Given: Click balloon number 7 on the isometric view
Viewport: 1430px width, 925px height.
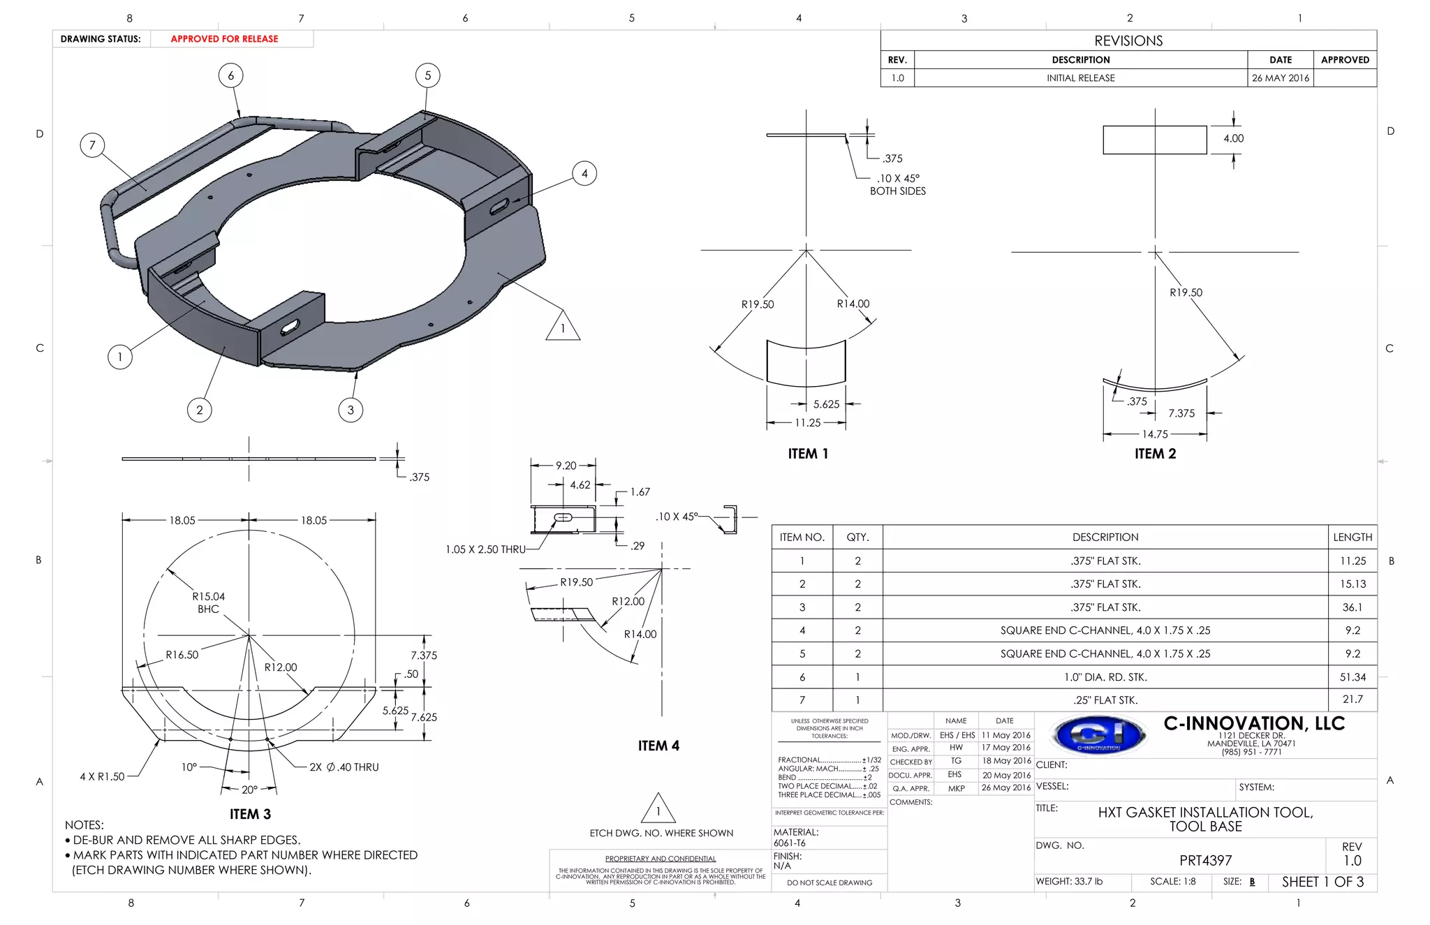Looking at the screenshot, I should (x=92, y=145).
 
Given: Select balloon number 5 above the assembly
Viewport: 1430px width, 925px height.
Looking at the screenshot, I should (x=427, y=75).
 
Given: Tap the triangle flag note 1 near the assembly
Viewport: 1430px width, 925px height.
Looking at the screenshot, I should (x=563, y=327).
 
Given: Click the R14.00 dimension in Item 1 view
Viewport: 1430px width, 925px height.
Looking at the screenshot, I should (x=853, y=304).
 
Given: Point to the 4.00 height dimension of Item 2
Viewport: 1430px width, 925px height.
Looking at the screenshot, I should (x=1233, y=138).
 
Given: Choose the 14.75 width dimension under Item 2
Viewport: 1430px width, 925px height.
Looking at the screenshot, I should (x=1155, y=434).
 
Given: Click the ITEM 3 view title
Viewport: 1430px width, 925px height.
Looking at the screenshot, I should (x=250, y=814).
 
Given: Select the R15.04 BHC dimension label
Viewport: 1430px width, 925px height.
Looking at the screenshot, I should (x=208, y=602).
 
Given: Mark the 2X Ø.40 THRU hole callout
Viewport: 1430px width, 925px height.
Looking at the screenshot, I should (x=344, y=767).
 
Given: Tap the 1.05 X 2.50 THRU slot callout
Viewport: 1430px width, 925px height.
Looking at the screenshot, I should (x=485, y=549).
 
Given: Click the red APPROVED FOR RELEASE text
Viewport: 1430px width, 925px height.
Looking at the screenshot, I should (x=224, y=39).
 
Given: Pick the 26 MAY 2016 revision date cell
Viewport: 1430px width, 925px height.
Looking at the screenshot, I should (x=1280, y=78).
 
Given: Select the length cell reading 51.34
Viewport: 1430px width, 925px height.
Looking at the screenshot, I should (x=1352, y=677).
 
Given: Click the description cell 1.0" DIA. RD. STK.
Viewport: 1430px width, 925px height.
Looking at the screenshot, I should (x=1105, y=677).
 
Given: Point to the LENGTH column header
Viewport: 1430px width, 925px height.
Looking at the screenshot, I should (x=1352, y=537).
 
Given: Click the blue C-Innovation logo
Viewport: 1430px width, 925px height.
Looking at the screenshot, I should (x=1099, y=735).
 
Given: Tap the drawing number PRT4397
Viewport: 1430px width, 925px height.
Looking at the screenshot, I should (x=1205, y=861).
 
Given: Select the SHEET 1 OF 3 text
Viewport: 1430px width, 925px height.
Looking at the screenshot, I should (x=1322, y=882).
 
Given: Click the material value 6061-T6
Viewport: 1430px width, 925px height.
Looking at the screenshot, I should (x=789, y=843).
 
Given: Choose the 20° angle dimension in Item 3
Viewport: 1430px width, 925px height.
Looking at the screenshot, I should (x=249, y=790).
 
